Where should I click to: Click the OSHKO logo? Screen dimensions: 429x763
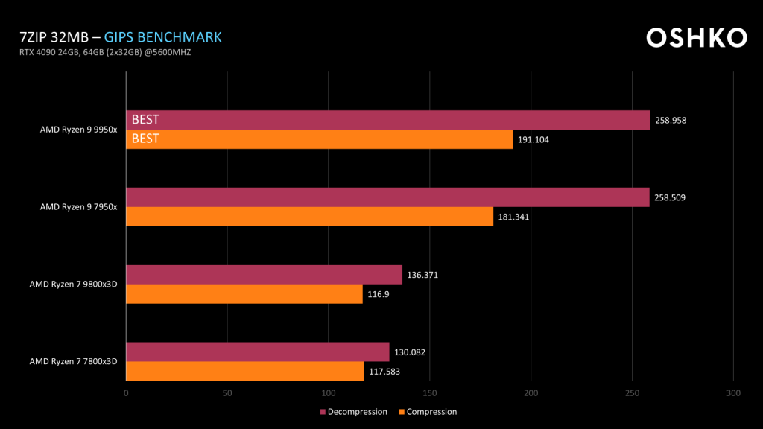tap(696, 38)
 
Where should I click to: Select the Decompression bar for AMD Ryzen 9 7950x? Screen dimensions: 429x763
tap(387, 197)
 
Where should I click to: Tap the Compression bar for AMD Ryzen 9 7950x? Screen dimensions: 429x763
tap(309, 217)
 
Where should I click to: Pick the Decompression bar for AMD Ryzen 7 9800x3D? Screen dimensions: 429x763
tap(264, 275)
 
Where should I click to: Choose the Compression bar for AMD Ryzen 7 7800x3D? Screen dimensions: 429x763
tap(245, 371)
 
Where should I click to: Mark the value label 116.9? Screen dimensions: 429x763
tap(378, 294)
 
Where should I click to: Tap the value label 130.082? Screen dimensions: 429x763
tap(410, 352)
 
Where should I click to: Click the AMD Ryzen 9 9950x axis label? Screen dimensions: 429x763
tap(78, 130)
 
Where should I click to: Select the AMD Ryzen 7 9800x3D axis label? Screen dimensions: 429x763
tap(73, 284)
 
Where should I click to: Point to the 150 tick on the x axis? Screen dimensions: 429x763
tap(430, 393)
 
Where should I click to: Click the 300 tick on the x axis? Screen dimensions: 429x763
tap(733, 393)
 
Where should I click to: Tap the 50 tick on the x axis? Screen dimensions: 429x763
tap(227, 393)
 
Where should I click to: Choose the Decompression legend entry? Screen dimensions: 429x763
tap(354, 412)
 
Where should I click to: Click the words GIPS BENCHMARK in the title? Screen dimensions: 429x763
tap(162, 37)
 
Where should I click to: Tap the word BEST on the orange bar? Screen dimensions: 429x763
tap(145, 139)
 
